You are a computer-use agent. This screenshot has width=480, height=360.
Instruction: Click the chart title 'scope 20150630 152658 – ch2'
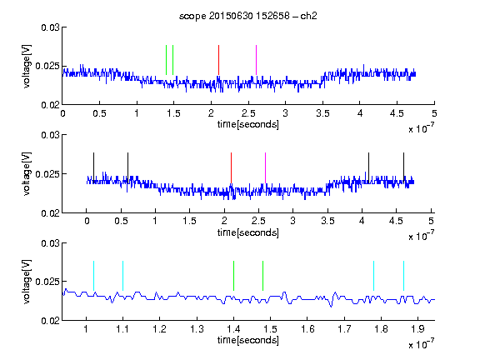coord(248,16)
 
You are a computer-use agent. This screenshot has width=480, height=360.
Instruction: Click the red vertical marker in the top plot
coord(218,60)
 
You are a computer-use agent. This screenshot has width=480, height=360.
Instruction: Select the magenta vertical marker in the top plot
coord(256,60)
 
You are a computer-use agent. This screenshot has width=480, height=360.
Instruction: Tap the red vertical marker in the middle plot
coord(231,167)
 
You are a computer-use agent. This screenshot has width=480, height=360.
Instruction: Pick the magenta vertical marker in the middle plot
coord(265,167)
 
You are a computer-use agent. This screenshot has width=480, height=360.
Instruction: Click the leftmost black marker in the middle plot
coord(94,167)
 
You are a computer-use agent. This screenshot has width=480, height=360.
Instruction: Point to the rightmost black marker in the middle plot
coord(403,167)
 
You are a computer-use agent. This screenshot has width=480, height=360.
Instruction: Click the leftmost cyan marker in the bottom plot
coord(93,276)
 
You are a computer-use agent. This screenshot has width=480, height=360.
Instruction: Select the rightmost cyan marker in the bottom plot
coord(403,276)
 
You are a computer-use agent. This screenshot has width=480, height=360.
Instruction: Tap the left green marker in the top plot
coord(166,60)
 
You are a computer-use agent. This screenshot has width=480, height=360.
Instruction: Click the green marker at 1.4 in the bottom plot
coord(233,276)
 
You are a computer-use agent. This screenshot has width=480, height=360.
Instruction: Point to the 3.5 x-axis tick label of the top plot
coord(322,113)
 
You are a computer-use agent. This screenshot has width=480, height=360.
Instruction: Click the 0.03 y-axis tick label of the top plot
coord(51,27)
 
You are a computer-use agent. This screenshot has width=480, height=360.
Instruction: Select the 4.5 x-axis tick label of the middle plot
coord(396,221)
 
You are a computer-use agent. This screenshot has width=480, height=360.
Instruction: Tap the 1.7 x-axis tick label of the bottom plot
coord(344,329)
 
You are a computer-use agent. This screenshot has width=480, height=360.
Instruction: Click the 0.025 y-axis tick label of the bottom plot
coord(47,282)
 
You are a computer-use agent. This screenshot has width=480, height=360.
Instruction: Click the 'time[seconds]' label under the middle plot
coord(248,233)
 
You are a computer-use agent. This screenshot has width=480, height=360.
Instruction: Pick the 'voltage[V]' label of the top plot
coord(27,66)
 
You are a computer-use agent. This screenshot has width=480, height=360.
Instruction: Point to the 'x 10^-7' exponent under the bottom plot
coord(421,344)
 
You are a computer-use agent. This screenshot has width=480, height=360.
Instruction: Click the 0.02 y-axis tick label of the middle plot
coord(51,213)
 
